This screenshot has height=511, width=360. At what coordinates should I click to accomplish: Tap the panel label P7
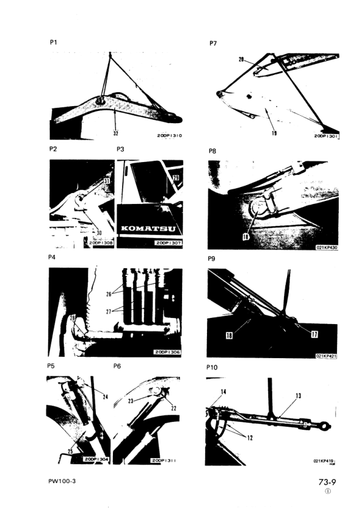213,42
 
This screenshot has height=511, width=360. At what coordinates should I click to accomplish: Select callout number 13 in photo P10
298,396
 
